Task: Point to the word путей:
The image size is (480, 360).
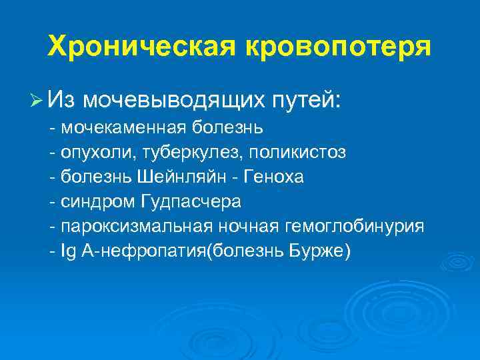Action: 307,100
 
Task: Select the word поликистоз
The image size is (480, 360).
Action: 297,153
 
